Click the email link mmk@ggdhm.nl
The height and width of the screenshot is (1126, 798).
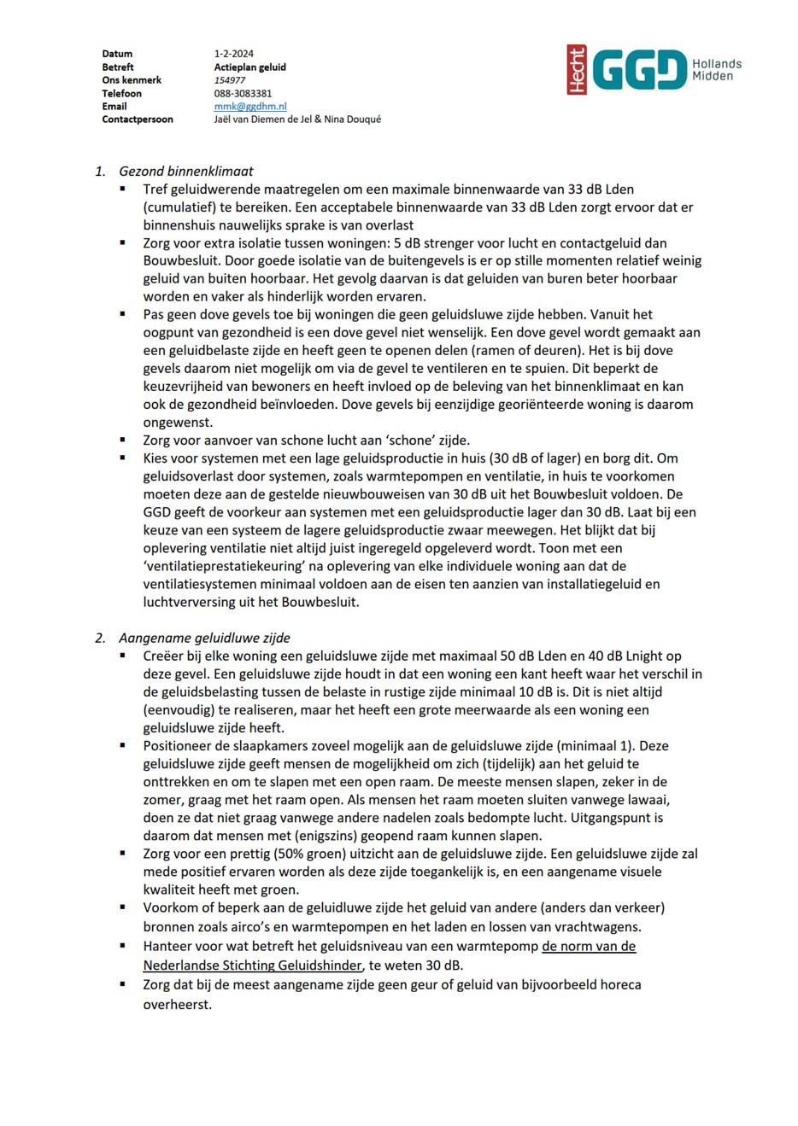(x=249, y=107)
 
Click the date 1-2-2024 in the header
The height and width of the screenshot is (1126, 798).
(x=233, y=54)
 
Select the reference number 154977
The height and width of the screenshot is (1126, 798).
(x=229, y=80)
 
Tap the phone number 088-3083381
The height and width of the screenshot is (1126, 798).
(x=243, y=94)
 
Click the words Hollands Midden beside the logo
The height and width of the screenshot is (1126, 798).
(x=716, y=70)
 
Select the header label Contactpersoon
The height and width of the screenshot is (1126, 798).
(x=137, y=120)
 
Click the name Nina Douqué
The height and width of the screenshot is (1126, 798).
(x=352, y=120)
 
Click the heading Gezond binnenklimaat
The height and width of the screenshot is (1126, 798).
(x=185, y=172)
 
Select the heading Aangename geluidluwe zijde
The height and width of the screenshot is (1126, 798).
(x=204, y=638)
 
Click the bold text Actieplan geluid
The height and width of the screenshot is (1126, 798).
(x=249, y=67)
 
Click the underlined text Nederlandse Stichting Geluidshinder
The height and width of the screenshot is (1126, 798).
(x=252, y=966)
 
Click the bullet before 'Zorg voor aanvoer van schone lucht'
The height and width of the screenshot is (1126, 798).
(x=123, y=440)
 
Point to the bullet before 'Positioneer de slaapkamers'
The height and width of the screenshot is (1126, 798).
(x=123, y=745)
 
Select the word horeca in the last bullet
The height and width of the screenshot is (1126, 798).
(x=619, y=984)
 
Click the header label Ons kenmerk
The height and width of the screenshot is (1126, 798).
(x=132, y=80)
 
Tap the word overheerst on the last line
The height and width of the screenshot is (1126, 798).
(x=176, y=1005)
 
